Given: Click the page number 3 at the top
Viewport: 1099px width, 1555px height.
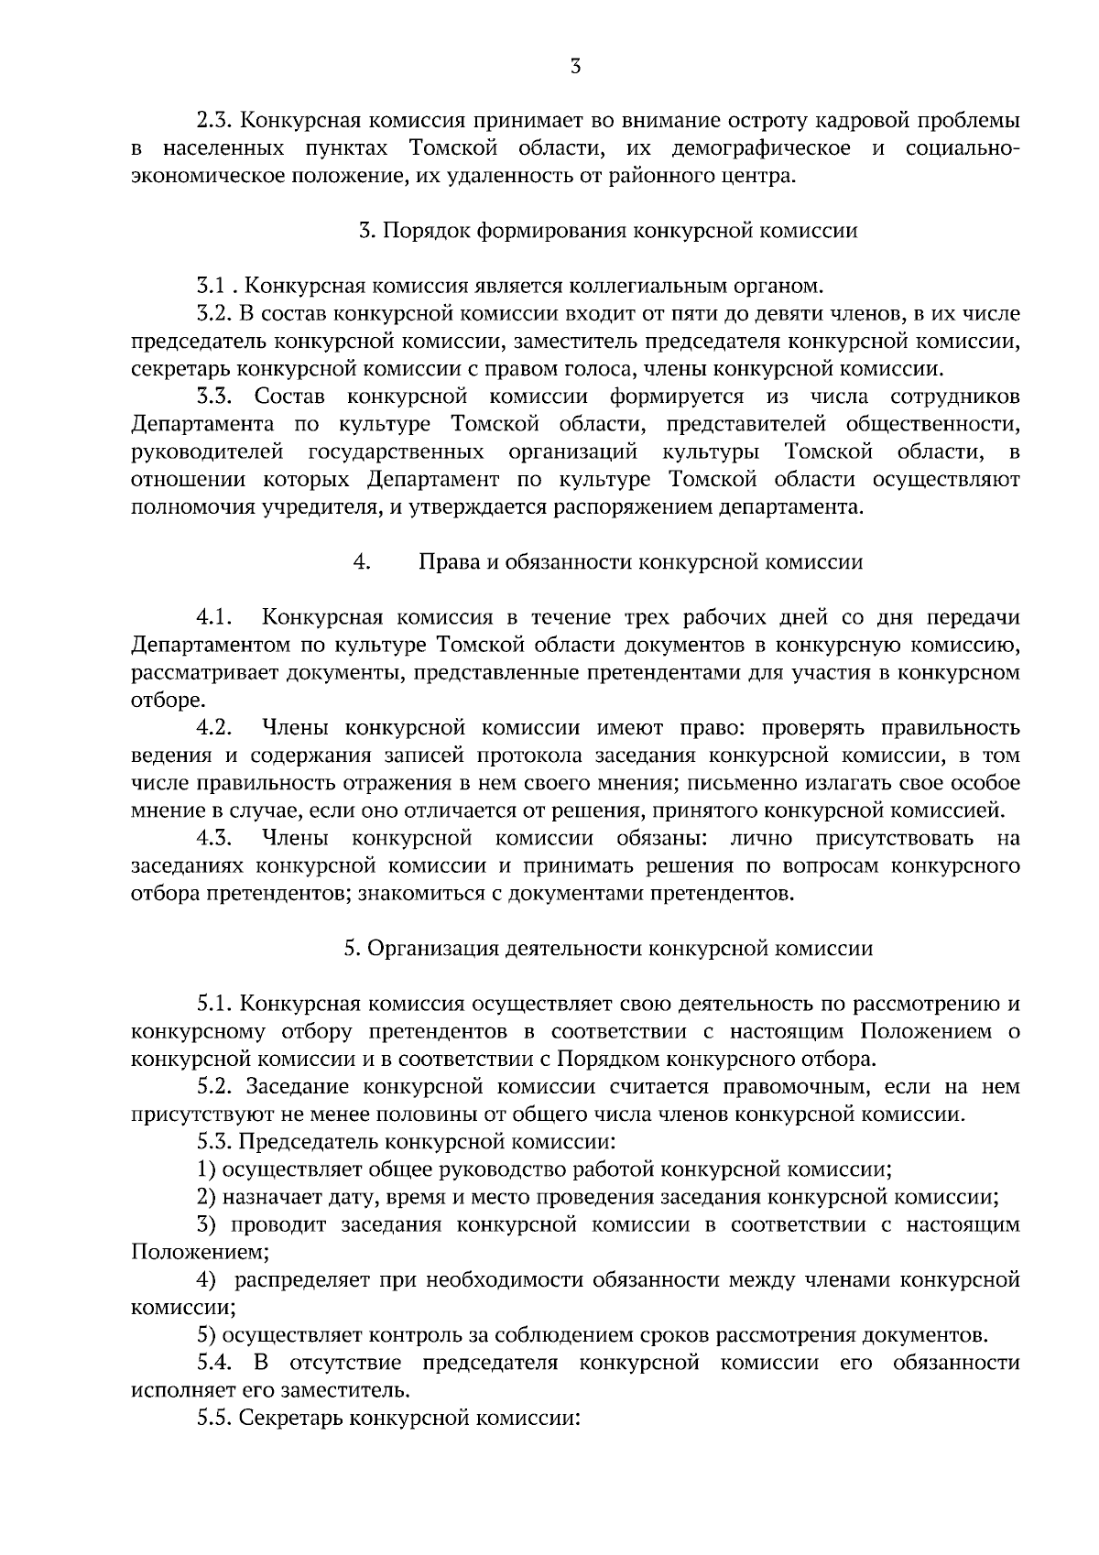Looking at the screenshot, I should pyautogui.click(x=575, y=66).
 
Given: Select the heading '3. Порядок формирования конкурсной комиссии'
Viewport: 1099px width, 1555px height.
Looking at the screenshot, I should pyautogui.click(x=608, y=231).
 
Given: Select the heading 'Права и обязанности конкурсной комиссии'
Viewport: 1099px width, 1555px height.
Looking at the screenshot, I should pyautogui.click(x=640, y=562).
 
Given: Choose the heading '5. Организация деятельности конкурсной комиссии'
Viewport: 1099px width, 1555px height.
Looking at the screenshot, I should pyautogui.click(x=608, y=949).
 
